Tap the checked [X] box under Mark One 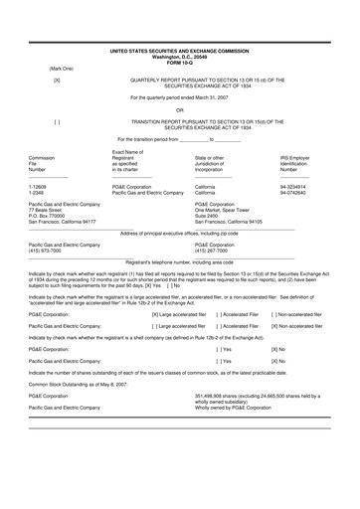click(57, 79)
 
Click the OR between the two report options click(180, 109)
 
